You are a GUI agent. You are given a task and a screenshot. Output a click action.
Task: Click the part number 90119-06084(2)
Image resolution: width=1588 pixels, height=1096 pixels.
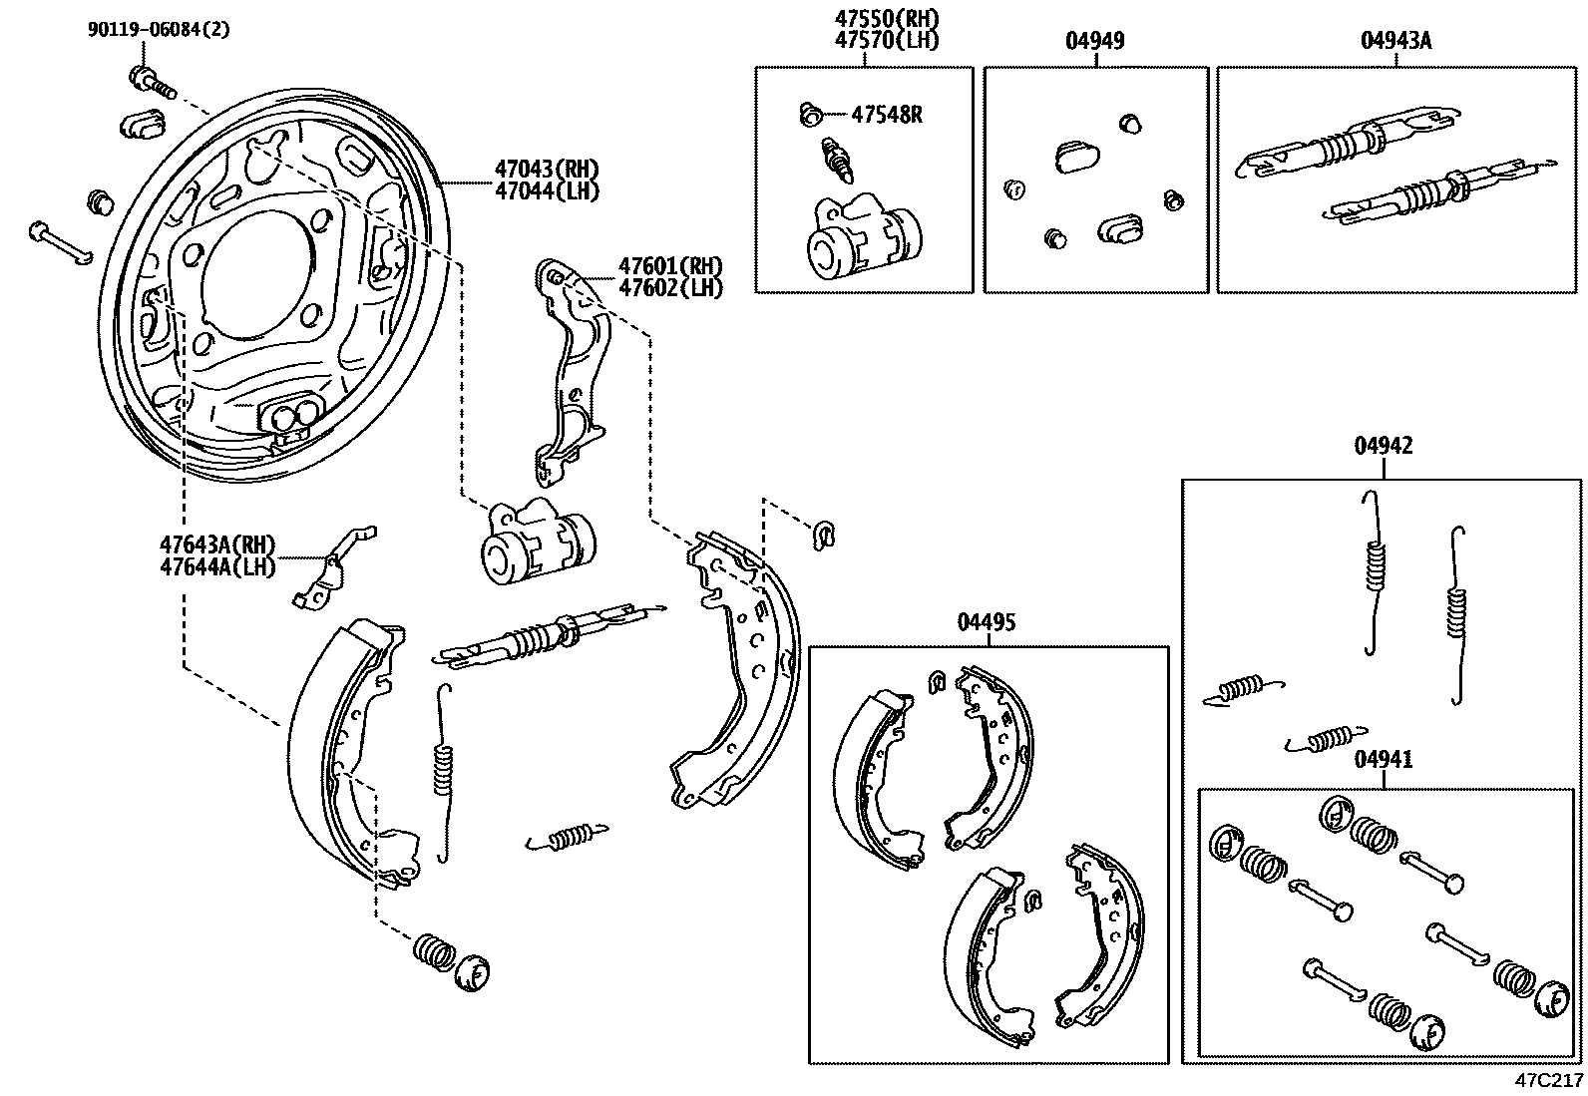pos(159,30)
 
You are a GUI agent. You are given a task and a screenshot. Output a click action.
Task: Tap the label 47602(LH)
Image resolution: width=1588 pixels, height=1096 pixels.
pos(670,287)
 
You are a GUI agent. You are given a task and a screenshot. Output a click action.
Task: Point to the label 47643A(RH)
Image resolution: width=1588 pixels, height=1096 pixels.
pos(217,545)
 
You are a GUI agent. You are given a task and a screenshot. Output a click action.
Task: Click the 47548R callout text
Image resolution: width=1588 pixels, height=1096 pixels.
pos(887,114)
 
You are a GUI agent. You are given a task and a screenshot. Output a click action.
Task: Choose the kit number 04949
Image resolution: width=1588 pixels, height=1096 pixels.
pos(1095,41)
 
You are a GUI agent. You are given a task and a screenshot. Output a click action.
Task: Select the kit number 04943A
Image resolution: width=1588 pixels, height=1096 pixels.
pos(1395,41)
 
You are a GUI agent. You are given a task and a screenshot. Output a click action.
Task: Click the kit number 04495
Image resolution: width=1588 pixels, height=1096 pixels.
pos(987,623)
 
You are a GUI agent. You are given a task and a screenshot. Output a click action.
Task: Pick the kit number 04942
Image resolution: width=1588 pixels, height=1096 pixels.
pos(1384,446)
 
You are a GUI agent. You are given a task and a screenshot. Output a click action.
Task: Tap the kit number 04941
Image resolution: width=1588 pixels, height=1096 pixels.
pos(1384,761)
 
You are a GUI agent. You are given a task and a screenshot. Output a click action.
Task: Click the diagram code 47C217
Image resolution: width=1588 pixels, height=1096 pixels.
pos(1549,1081)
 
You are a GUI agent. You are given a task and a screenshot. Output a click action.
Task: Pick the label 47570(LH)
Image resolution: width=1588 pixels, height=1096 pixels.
pos(888,41)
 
